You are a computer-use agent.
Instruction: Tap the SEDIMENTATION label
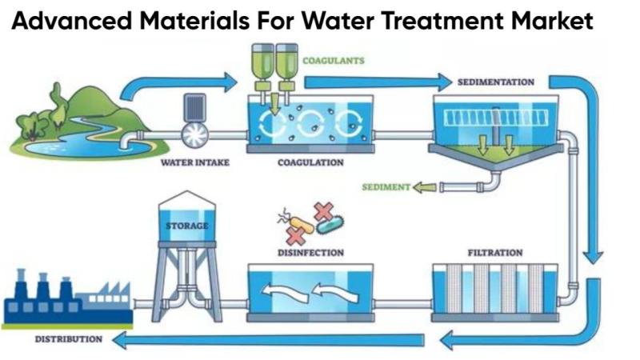pyautogui.click(x=496, y=82)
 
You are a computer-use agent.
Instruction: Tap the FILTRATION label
pyautogui.click(x=495, y=253)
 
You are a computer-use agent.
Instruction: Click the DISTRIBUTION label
pyautogui.click(x=68, y=339)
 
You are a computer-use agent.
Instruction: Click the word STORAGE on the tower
pyautogui.click(x=186, y=226)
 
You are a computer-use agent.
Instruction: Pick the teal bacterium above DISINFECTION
pyautogui.click(x=329, y=226)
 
